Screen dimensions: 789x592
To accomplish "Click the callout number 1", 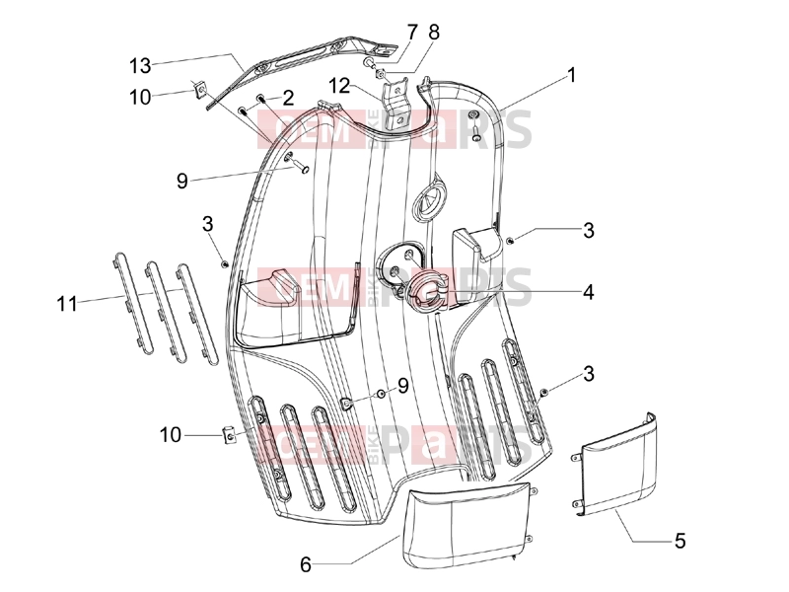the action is (x=571, y=75).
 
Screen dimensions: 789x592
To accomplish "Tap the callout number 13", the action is (x=140, y=66).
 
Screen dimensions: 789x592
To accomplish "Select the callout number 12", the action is (x=339, y=86).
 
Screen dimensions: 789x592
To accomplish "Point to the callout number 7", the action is (x=412, y=33).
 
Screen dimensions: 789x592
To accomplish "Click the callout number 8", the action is (x=434, y=33).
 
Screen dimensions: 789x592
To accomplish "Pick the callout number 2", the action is (x=288, y=98).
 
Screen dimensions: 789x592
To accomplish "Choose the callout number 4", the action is (x=588, y=292).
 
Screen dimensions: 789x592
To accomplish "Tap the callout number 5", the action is (x=680, y=541).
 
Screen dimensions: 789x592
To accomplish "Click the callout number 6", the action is (x=306, y=564).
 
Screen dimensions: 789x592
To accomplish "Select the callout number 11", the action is (x=67, y=304).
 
